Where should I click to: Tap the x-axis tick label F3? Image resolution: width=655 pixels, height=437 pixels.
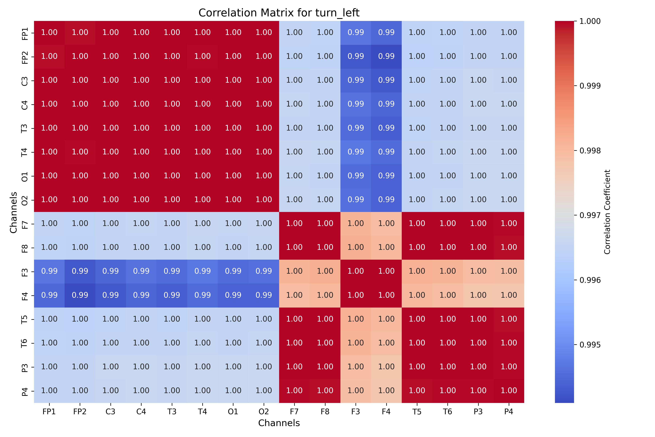click(356, 412)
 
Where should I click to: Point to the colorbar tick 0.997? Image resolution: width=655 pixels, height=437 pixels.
click(590, 215)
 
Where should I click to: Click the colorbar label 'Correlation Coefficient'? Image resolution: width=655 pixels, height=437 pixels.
click(607, 212)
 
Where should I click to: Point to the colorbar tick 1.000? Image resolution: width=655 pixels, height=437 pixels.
click(590, 21)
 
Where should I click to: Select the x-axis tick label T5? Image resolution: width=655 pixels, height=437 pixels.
click(417, 412)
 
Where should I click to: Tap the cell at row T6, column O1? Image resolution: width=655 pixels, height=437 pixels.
click(233, 343)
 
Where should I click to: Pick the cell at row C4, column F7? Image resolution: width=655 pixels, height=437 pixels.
click(294, 104)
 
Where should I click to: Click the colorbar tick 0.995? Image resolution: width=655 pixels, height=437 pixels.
click(590, 345)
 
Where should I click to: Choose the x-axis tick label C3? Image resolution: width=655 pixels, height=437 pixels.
click(111, 412)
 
